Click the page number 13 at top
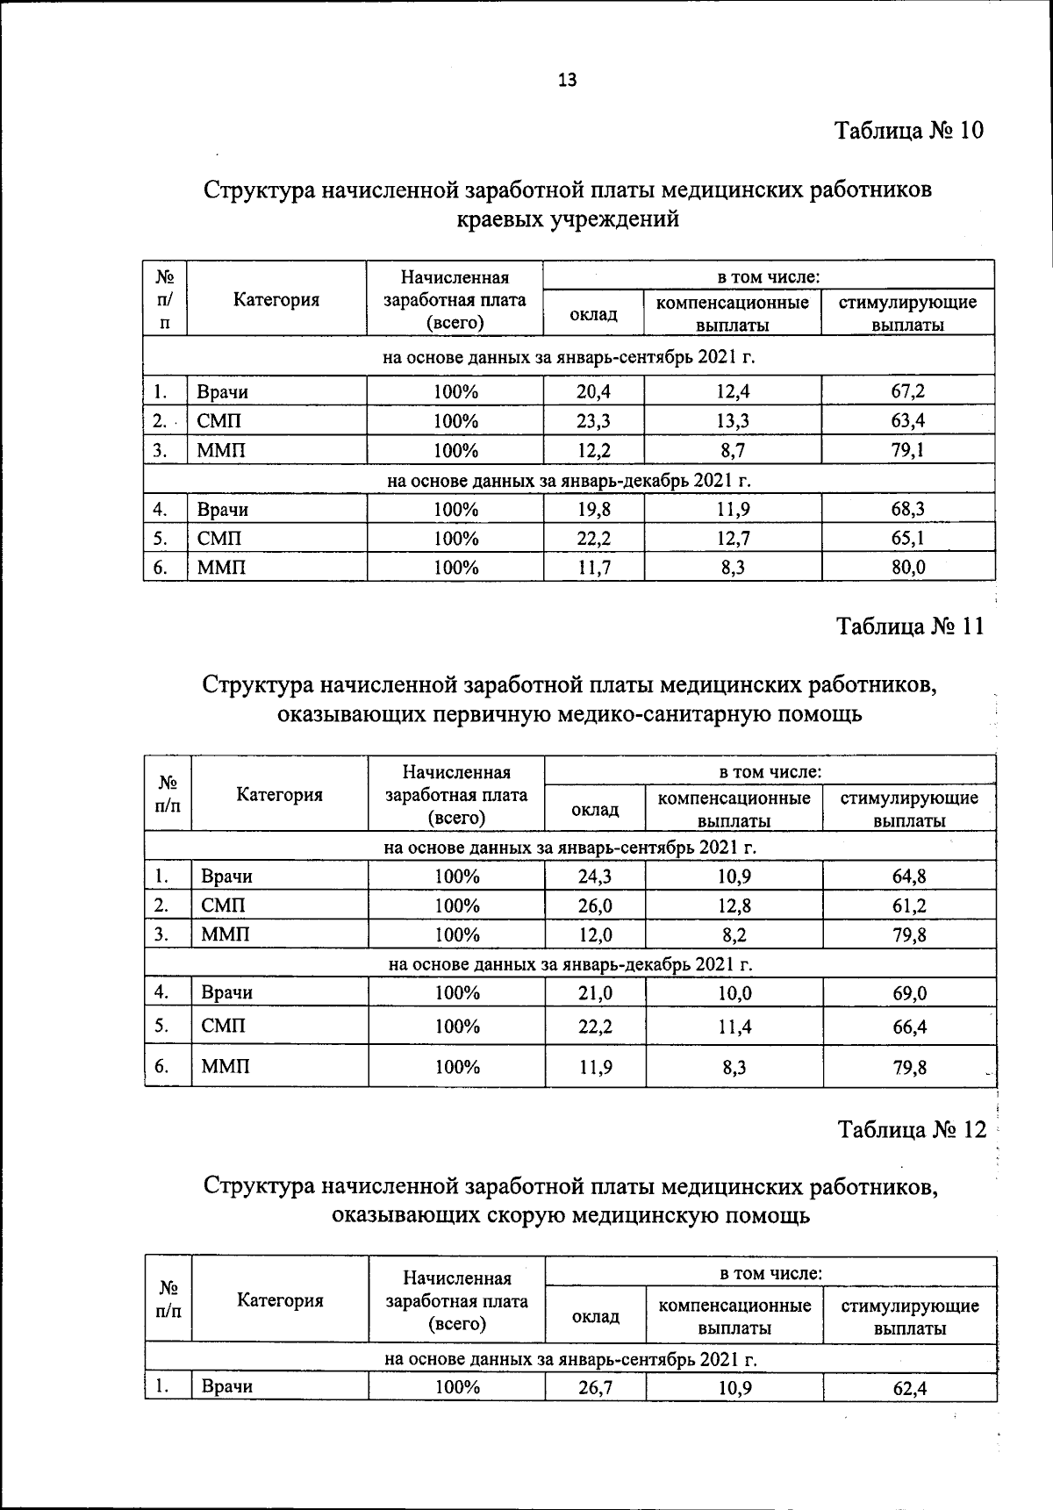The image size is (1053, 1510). pos(567,80)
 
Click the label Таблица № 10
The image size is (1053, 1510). pos(909,131)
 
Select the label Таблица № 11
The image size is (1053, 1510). pos(910,626)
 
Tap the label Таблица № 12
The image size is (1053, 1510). pos(912,1129)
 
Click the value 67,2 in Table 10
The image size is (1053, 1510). pos(908,391)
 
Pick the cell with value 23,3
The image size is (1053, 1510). pos(593,420)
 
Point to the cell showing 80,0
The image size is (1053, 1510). pos(908,568)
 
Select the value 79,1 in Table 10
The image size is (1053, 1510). pos(908,450)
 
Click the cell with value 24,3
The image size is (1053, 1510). pos(595,876)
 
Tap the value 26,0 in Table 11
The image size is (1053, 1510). pos(595,905)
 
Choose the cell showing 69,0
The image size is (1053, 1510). pos(910,993)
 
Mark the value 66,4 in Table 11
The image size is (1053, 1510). pos(910,1027)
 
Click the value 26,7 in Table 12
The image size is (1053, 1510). pos(595,1388)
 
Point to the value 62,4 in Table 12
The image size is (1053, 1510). pos(910,1388)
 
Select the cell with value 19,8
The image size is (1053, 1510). pos(593,510)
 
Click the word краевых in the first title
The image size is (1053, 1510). pos(500,219)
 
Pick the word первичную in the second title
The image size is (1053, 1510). pos(486,714)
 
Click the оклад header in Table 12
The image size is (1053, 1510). pos(595,1316)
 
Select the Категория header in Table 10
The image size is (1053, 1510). pos(276,299)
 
